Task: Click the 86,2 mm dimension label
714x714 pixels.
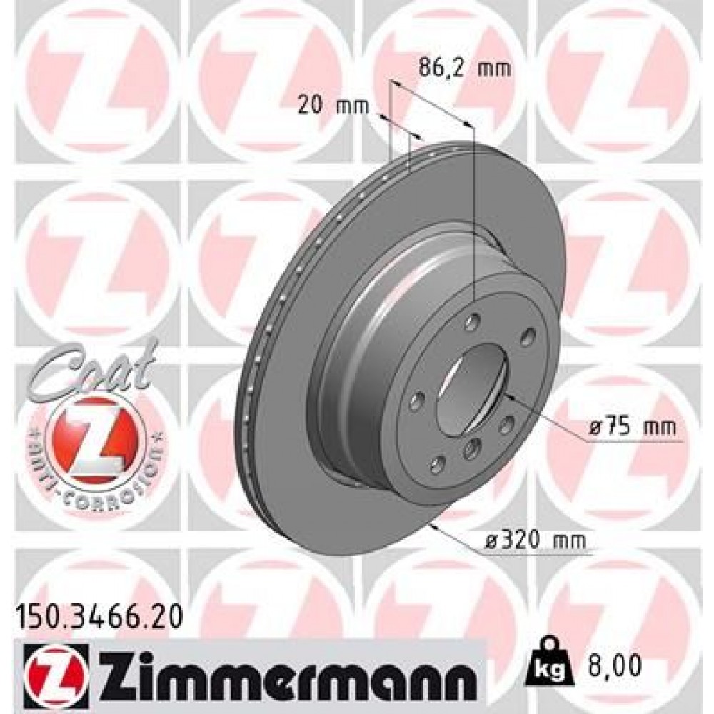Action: pos(455,69)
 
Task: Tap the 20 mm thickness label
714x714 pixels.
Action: pos(333,106)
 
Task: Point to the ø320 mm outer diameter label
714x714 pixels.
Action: pos(543,541)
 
